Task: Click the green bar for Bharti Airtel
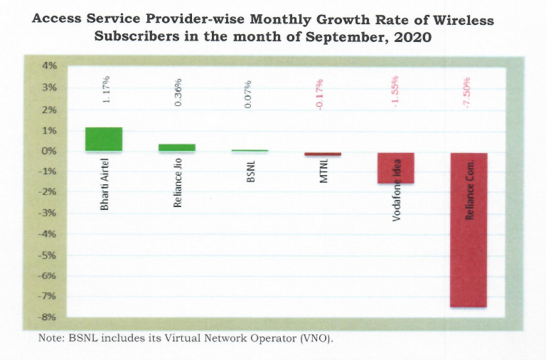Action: point(104,139)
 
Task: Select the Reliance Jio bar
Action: point(177,147)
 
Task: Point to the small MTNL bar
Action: point(323,154)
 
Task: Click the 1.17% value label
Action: point(105,90)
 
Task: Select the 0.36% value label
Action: point(178,90)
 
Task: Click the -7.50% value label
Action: point(468,91)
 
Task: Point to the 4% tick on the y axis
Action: point(48,65)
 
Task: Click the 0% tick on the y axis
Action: point(48,152)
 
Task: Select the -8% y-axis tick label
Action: point(46,317)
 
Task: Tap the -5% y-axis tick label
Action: point(46,255)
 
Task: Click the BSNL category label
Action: point(250,174)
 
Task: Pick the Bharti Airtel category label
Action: point(105,186)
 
